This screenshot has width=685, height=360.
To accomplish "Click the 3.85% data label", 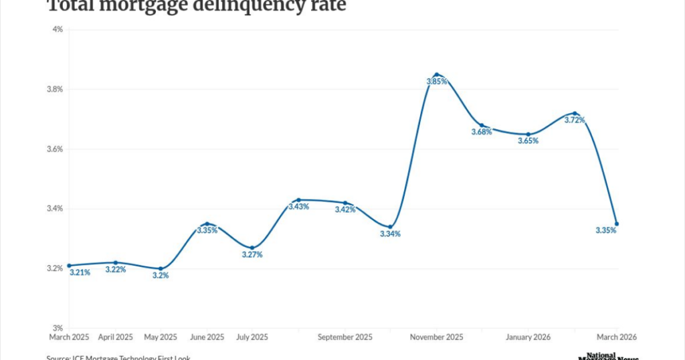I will point(437,82).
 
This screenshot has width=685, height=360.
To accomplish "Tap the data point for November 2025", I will point(436,74).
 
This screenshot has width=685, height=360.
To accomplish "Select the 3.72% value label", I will point(575,120).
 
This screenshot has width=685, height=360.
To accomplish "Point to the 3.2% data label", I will point(160,276).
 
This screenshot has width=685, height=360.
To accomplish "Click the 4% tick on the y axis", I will point(57,29).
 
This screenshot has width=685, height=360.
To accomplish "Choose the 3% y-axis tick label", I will point(57,329).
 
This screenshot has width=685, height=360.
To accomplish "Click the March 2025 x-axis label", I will point(70,337).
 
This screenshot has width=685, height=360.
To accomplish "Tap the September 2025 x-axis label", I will point(345,337).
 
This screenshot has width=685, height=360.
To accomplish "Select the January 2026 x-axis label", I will point(528,337).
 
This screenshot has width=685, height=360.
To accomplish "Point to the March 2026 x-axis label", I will point(615,337).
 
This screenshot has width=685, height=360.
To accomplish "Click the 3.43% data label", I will point(298,207).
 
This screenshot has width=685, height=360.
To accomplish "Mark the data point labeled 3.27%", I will point(252,248).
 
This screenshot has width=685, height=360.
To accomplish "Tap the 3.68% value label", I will point(481,132).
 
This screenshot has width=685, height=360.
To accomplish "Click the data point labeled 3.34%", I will point(391,227).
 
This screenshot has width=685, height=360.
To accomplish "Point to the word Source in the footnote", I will point(60,357).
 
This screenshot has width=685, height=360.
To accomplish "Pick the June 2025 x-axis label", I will point(207,337).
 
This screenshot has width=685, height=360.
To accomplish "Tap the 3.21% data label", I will point(80,272).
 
